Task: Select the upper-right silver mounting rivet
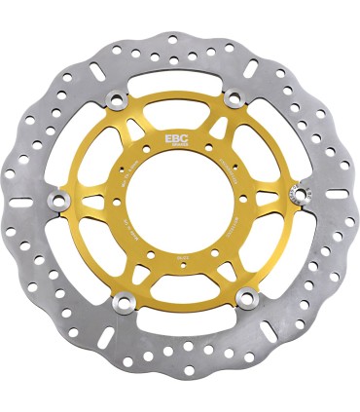click(233, 96)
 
